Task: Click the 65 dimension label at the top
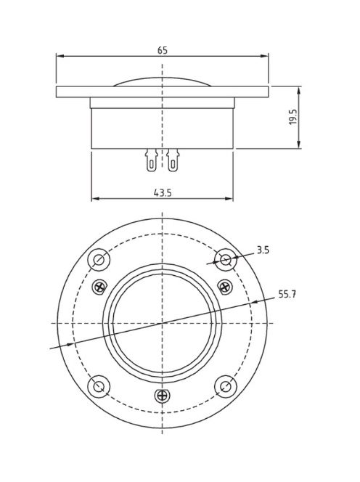(x=162, y=50)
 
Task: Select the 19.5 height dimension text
(x=292, y=118)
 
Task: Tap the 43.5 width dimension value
(x=162, y=192)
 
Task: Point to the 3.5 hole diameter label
(x=263, y=250)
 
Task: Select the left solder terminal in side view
(x=151, y=160)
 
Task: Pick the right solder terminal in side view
(x=173, y=160)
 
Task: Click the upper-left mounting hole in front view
(x=99, y=259)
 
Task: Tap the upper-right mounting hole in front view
(x=226, y=259)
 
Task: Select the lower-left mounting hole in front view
(x=99, y=385)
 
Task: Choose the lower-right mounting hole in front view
(x=226, y=385)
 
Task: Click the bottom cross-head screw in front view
(x=162, y=396)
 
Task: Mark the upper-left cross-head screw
(x=99, y=287)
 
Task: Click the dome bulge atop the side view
(x=162, y=81)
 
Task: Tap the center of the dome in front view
(x=162, y=322)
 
